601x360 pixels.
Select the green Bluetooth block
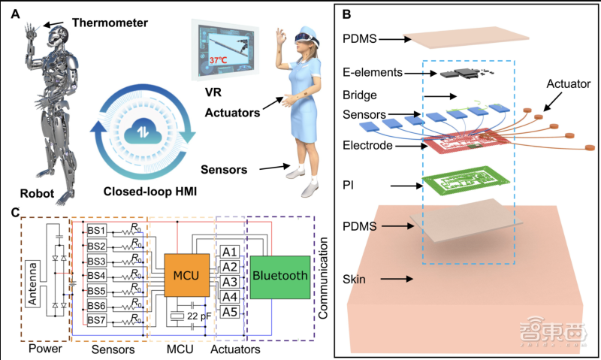point(280,277)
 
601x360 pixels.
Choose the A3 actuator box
point(230,281)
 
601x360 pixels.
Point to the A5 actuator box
point(230,310)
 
